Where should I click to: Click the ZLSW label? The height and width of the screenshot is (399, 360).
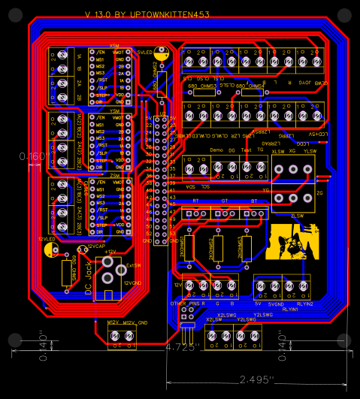pos(298,215)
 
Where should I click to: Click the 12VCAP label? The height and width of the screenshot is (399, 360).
pos(95,246)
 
